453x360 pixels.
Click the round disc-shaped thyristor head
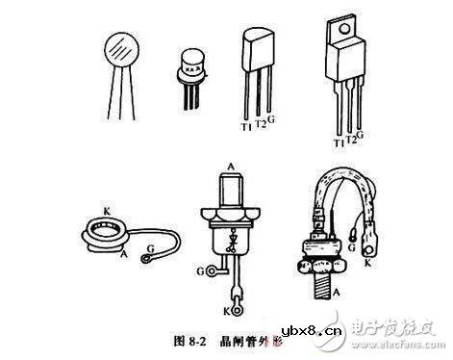click(119, 48)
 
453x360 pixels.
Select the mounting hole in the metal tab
click(342, 35)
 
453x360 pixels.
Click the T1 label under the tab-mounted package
click(338, 143)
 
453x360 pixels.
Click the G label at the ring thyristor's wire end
click(148, 257)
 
